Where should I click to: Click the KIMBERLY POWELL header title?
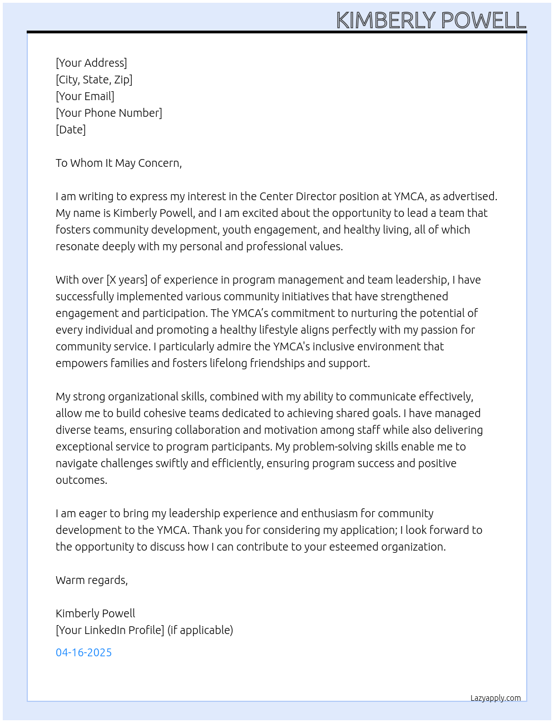pos(431,20)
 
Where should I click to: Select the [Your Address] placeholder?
pos(91,63)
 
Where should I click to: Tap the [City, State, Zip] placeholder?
pos(94,80)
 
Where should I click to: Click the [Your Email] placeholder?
pos(85,96)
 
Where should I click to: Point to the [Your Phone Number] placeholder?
pos(109,113)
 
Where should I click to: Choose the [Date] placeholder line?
pos(71,130)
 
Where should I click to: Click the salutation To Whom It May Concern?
pos(118,163)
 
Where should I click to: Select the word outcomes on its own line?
pos(81,480)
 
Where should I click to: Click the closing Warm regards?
pos(92,580)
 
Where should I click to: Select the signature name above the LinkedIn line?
pos(95,613)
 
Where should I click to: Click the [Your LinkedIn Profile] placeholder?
pos(110,630)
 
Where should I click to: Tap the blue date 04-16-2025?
pos(83,652)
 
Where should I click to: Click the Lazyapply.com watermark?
pos(496,698)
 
